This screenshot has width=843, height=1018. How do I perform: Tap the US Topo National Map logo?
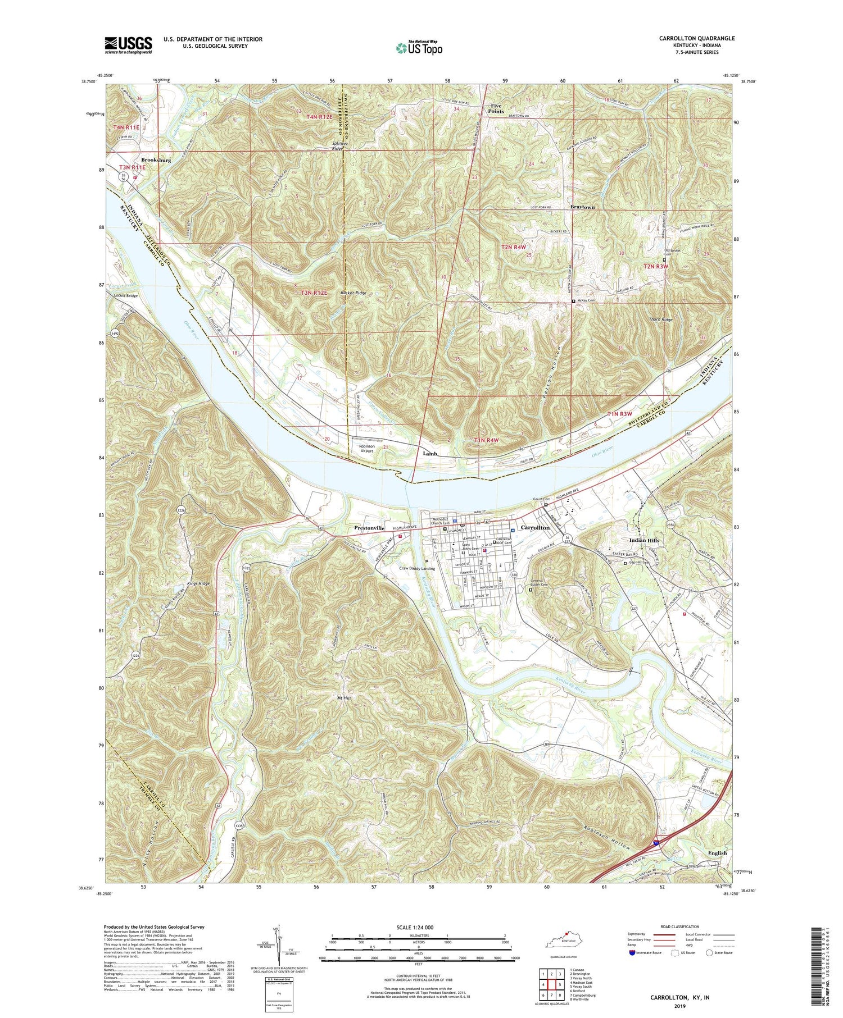click(x=419, y=48)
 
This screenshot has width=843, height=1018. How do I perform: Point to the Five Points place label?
click(x=497, y=108)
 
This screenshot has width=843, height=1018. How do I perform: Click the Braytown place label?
click(x=582, y=207)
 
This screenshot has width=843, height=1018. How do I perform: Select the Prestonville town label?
click(x=370, y=528)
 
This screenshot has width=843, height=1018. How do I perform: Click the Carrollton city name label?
click(x=535, y=528)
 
